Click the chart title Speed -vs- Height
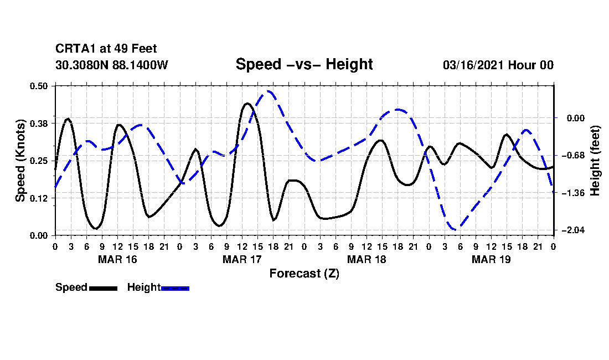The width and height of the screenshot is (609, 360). (x=304, y=64)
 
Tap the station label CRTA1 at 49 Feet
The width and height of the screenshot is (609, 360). (x=106, y=49)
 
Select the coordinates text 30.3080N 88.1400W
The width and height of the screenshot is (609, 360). (x=112, y=65)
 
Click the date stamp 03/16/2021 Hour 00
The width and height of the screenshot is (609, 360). (x=498, y=65)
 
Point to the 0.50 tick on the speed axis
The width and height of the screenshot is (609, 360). (x=39, y=86)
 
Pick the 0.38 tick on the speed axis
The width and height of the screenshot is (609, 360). (x=39, y=123)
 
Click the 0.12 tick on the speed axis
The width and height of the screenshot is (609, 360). (x=39, y=198)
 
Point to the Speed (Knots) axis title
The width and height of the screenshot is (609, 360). (x=20, y=160)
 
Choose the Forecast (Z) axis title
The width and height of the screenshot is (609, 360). (x=304, y=273)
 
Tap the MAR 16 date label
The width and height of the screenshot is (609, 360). (x=117, y=259)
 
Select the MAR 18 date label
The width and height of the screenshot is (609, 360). (x=367, y=259)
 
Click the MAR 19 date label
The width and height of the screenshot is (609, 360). (x=491, y=259)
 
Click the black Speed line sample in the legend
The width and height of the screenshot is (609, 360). (x=103, y=288)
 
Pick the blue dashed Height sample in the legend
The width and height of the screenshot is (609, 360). (x=175, y=288)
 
